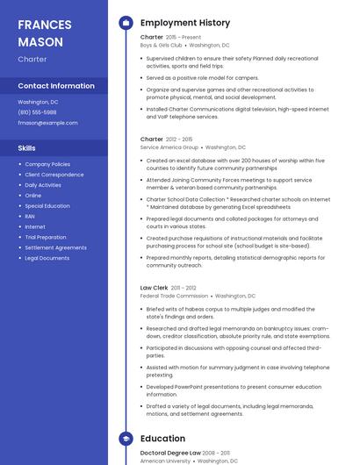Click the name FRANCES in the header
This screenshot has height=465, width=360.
[x=46, y=25]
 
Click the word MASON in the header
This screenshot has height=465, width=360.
[x=40, y=42]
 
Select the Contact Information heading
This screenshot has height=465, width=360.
[x=56, y=86]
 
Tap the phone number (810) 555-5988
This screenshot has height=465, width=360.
[x=37, y=112]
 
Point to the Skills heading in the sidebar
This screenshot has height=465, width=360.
[x=26, y=148]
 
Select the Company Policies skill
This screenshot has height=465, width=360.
[x=47, y=164]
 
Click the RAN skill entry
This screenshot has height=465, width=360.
[x=30, y=216]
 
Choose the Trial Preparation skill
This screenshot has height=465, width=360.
[x=46, y=237]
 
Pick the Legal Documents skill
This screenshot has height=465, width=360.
[x=47, y=258]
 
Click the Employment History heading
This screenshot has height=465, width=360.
[x=185, y=23]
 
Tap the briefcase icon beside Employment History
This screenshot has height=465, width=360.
[x=126, y=23]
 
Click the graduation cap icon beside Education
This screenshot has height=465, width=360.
[x=126, y=439]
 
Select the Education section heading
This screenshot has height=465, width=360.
[x=162, y=439]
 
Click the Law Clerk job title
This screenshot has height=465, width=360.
[x=154, y=288]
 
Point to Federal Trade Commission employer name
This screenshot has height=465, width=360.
[x=174, y=297]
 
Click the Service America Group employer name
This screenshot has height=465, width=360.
[x=169, y=147]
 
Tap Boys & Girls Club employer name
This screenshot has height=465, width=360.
[x=162, y=45]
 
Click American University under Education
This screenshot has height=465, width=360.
[x=165, y=461]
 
